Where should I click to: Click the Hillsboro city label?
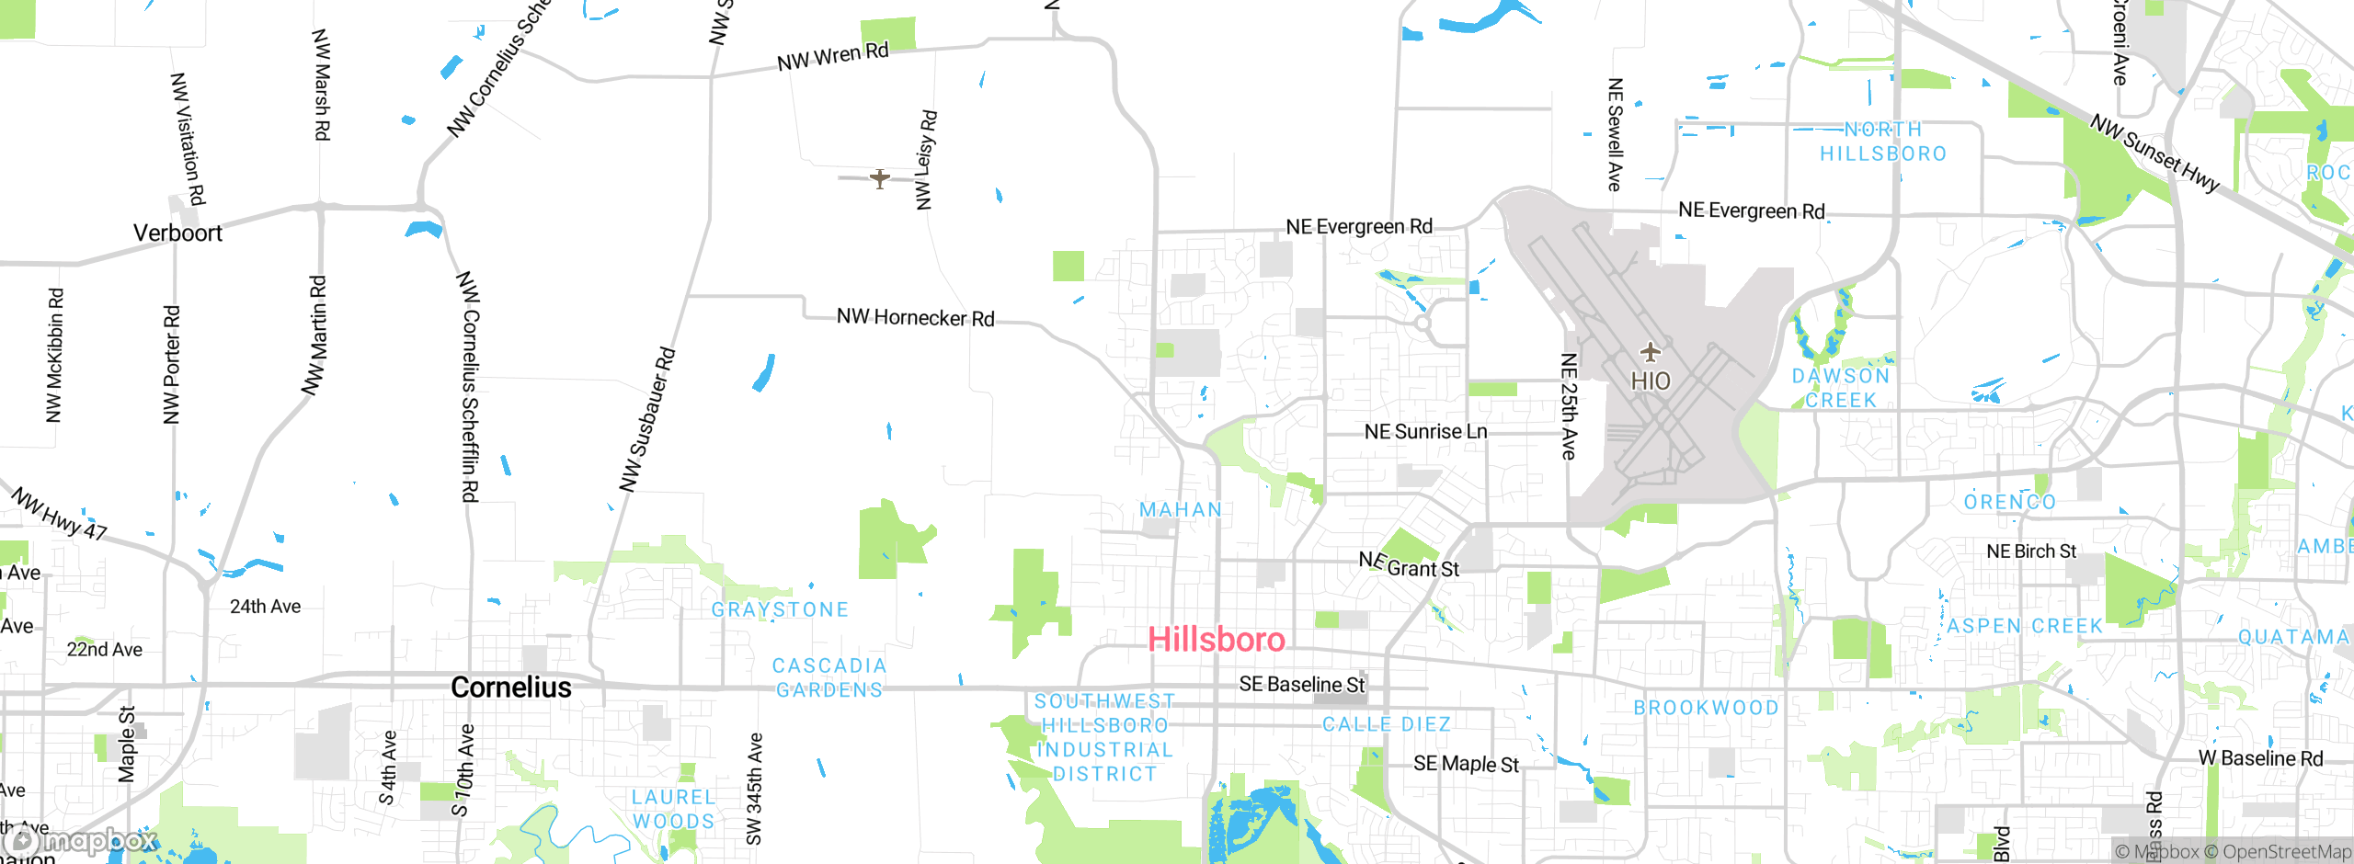(x=1216, y=640)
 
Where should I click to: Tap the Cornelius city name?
(x=511, y=688)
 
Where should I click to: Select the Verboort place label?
(x=177, y=233)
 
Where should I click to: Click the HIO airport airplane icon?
(x=1651, y=352)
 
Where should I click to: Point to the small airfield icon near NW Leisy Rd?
(x=880, y=178)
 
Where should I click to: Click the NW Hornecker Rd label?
(x=915, y=318)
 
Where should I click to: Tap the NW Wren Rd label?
(x=833, y=57)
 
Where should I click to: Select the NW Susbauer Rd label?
(x=647, y=419)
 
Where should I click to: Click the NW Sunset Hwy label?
(x=2154, y=153)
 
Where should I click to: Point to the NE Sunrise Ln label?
(x=1425, y=432)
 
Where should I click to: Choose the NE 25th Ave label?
(x=1569, y=406)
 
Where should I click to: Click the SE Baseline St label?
(x=1302, y=685)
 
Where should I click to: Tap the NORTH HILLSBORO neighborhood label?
(x=1883, y=142)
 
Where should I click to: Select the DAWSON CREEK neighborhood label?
(x=1841, y=388)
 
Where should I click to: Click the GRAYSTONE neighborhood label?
(x=780, y=610)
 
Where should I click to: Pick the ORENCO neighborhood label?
(x=2009, y=503)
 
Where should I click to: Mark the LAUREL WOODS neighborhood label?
(x=673, y=810)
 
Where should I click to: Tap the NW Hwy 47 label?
(x=60, y=514)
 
